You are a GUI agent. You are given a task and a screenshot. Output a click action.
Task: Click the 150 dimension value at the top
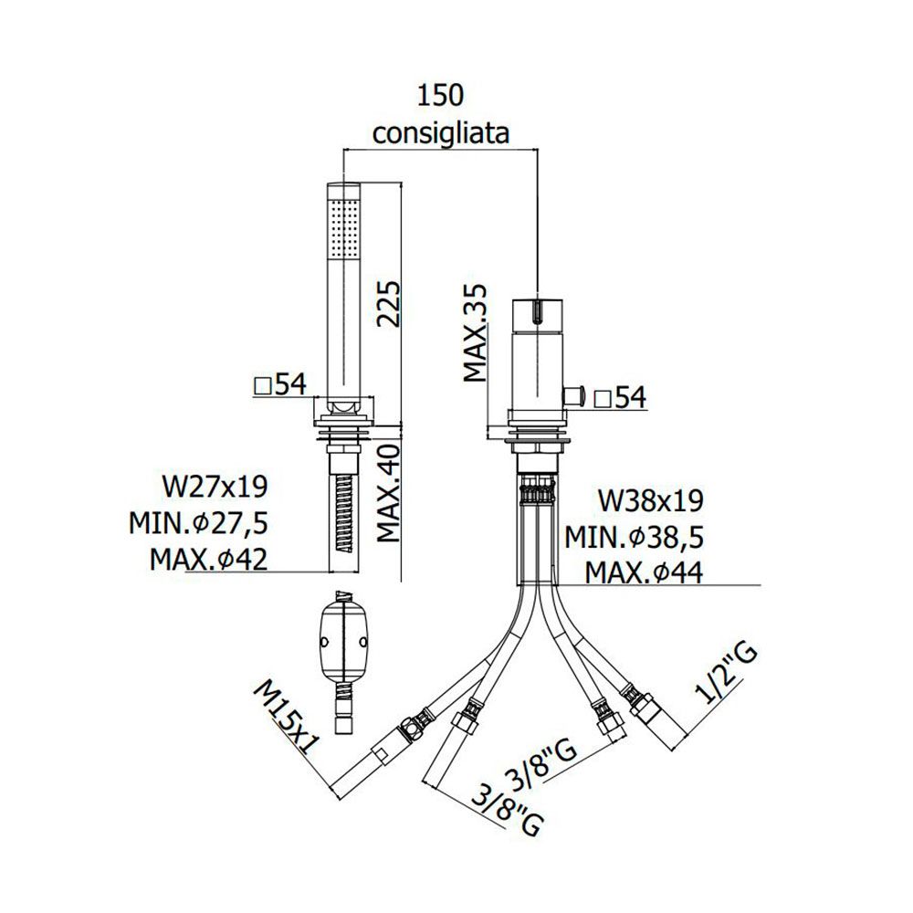click(x=440, y=96)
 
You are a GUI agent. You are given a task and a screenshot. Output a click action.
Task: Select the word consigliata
click(x=441, y=133)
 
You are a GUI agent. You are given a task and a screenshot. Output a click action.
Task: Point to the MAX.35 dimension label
click(x=475, y=332)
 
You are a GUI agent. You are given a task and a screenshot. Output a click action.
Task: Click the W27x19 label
click(x=215, y=487)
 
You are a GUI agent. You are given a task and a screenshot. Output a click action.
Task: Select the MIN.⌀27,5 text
click(x=198, y=523)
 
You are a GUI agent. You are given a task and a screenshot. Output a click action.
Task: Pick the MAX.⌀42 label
click(x=208, y=560)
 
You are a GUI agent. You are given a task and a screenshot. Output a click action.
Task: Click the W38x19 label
click(x=651, y=500)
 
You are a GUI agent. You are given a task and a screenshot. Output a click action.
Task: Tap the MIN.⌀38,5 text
click(x=635, y=538)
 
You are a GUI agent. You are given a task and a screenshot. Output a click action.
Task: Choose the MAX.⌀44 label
click(x=644, y=572)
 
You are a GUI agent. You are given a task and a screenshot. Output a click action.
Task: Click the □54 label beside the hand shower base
click(x=280, y=384)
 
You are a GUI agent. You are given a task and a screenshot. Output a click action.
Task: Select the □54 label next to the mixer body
click(x=620, y=398)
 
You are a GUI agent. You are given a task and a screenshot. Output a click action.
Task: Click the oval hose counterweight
click(x=343, y=642)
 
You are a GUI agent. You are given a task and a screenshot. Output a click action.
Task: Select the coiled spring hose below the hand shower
click(x=344, y=513)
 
